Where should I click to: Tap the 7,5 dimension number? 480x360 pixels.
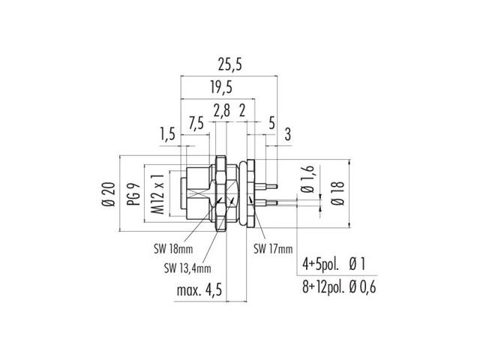(196, 122)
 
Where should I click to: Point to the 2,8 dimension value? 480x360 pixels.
(221, 111)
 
